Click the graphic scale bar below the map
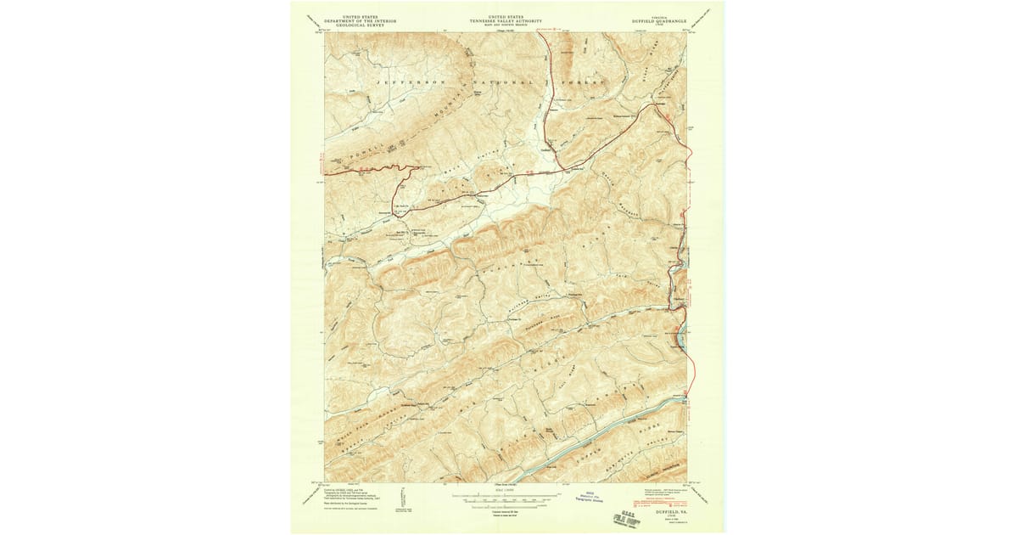point(506,500)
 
